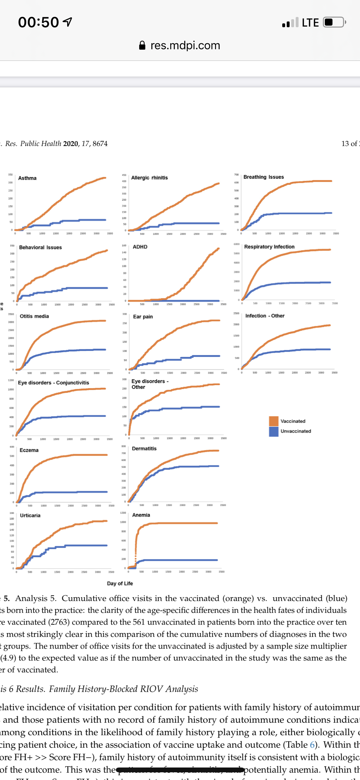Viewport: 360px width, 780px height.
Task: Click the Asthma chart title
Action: (27, 178)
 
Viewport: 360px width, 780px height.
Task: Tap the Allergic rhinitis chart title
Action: (149, 178)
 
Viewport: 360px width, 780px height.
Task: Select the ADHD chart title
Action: (140, 247)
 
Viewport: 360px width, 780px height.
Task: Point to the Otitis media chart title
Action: (34, 316)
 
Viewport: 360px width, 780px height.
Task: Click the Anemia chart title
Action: (141, 515)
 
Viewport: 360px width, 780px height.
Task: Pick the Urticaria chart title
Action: (30, 516)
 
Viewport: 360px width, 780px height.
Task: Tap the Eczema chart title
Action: (29, 450)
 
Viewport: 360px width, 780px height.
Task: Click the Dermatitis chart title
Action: (144, 449)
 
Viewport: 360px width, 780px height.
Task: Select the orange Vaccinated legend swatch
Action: (274, 421)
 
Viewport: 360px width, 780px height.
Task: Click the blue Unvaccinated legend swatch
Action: (274, 431)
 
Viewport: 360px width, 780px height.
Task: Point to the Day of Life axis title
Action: (120, 583)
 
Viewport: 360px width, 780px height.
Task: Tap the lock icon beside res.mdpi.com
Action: (142, 45)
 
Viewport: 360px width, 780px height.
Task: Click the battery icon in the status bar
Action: (334, 22)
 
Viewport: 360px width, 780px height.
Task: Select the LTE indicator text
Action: (310, 23)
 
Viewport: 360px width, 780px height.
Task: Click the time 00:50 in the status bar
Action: (38, 22)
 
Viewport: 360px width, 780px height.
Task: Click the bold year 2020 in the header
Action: (70, 144)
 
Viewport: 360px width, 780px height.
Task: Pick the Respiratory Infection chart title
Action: (269, 247)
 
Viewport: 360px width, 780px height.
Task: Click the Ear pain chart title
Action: (143, 317)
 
